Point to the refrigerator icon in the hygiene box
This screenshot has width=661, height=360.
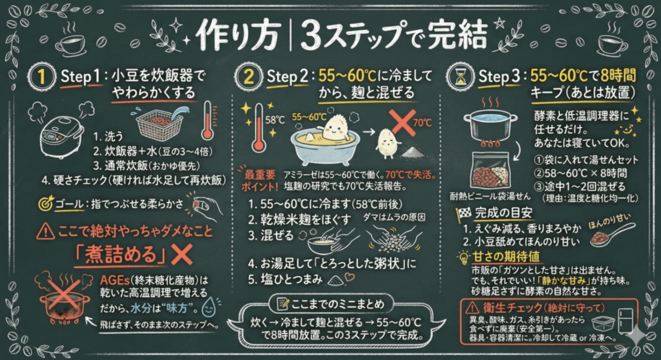pos(626,320)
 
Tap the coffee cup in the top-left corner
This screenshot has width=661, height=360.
pos(70,45)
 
